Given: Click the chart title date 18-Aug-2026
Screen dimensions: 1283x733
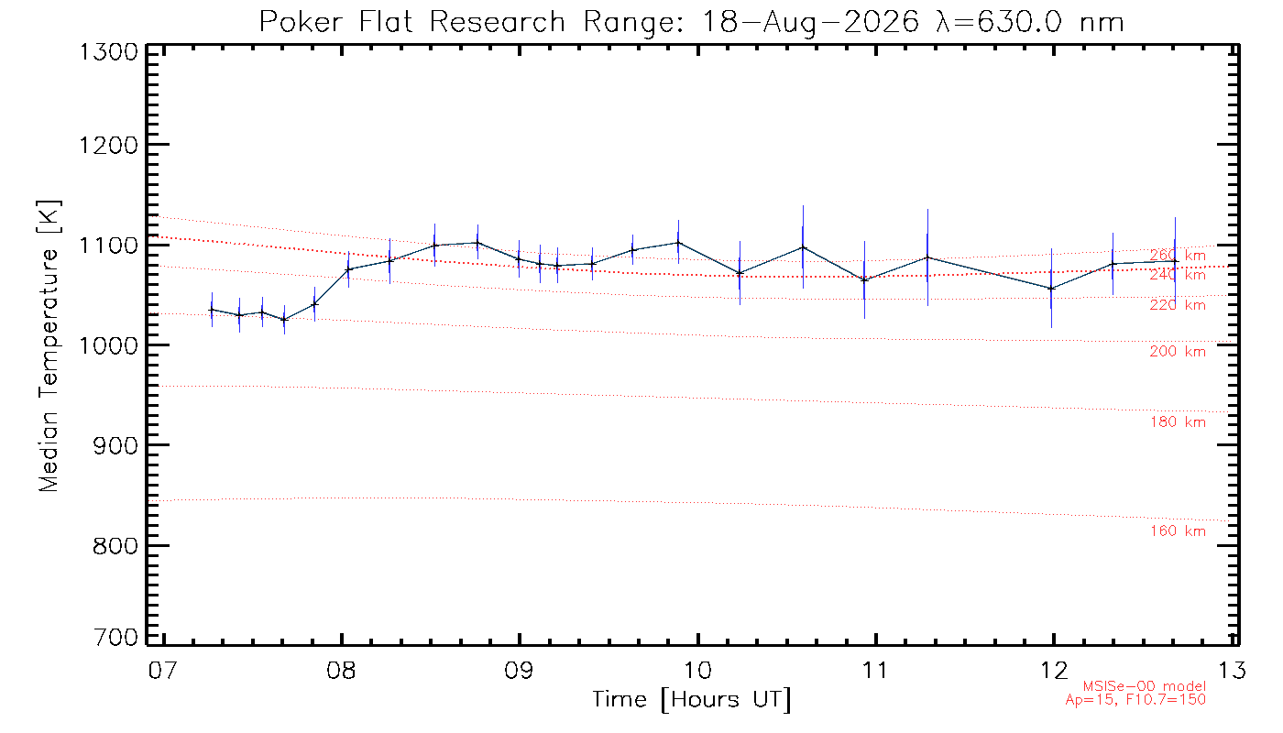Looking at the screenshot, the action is [810, 23].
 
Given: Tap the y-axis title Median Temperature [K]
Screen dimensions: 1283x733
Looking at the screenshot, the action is [49, 346].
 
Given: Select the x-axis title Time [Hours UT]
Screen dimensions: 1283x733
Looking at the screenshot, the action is [692, 700].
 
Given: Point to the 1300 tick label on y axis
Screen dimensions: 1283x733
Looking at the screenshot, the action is [108, 53].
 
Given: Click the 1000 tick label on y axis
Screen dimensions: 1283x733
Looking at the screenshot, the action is [108, 346].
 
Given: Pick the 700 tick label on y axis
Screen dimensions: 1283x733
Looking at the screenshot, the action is [115, 638].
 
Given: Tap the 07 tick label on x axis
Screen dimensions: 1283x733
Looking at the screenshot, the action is [163, 670].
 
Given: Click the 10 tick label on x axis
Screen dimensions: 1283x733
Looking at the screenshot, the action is [697, 670].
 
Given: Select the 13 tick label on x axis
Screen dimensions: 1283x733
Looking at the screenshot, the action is [1232, 670].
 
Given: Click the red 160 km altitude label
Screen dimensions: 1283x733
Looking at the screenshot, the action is [1178, 531].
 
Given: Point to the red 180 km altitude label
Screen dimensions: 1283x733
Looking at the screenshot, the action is [1178, 422].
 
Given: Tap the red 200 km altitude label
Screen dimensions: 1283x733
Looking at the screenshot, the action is [1178, 351].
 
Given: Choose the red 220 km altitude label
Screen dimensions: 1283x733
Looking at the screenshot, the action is [1178, 304].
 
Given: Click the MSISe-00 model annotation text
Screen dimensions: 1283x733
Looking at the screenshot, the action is [1145, 686].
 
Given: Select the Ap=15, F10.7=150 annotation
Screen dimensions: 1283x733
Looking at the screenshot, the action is [1135, 699].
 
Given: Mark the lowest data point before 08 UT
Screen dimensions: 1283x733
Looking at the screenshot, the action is [285, 320].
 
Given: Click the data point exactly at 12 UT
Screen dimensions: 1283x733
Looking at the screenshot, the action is [1051, 289].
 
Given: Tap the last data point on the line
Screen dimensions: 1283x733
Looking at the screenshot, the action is [1175, 262].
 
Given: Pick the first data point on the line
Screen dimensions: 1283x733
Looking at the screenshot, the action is [212, 310].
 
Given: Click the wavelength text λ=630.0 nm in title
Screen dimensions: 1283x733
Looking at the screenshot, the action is [1030, 23].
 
